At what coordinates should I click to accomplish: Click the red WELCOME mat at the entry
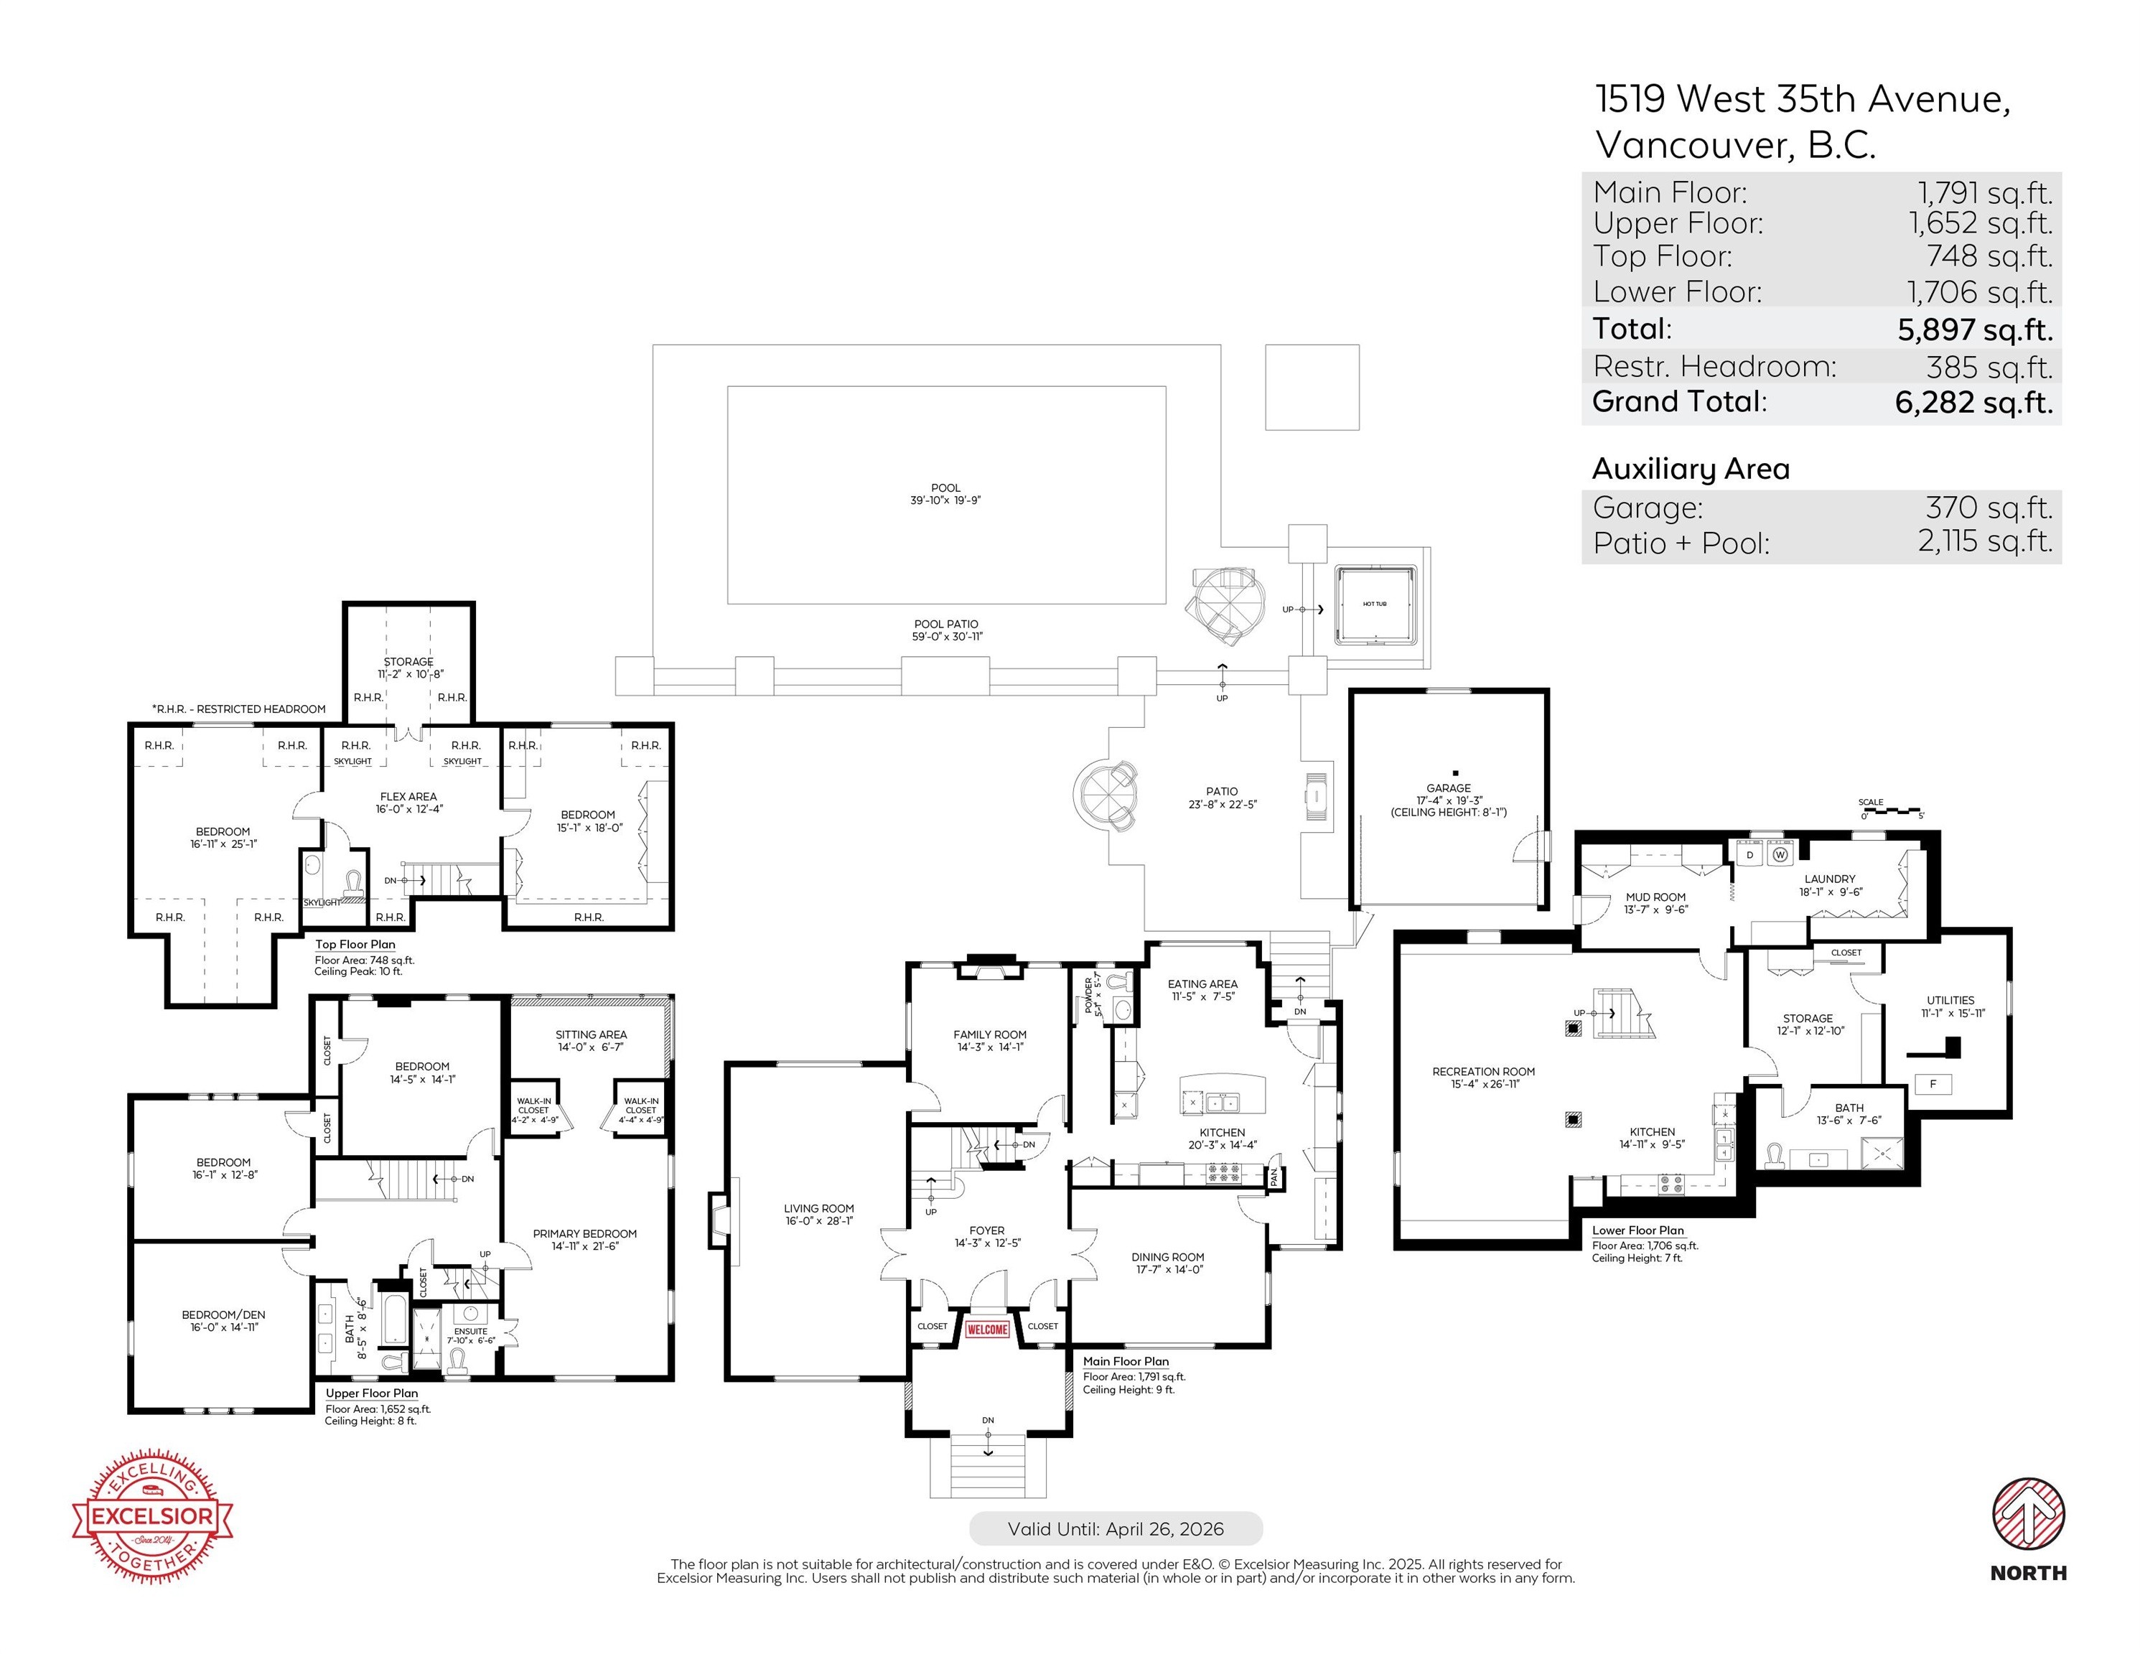986,1330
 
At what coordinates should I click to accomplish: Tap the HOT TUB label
1375,604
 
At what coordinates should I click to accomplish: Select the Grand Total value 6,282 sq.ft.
1973,403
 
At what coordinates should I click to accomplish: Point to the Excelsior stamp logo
153,1516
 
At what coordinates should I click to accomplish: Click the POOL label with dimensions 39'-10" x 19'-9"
945,494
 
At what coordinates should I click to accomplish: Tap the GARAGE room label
1448,788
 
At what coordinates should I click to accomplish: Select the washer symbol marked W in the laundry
1780,854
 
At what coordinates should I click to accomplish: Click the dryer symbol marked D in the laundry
1750,854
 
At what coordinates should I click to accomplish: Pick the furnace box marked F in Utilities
1933,1084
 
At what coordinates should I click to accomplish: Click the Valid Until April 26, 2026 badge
1115,1528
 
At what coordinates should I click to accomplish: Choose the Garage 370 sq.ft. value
1988,508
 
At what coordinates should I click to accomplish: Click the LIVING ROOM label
819,1208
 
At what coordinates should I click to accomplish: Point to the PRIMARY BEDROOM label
585,1233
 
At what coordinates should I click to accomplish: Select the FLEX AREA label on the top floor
408,797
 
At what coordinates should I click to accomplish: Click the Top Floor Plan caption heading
355,945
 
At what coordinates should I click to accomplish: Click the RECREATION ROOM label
1483,1071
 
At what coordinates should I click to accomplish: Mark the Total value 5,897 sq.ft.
1974,330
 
